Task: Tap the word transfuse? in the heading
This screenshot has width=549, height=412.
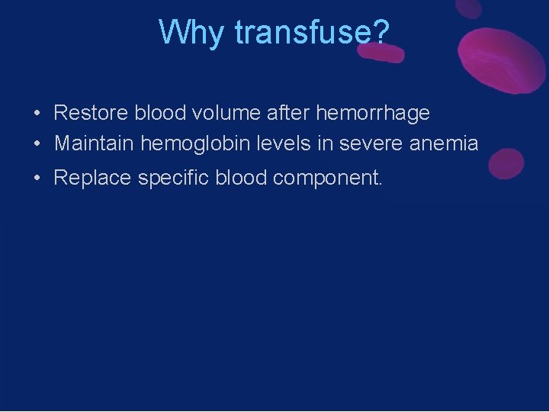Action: point(313,32)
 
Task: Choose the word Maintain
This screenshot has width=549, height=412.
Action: point(95,143)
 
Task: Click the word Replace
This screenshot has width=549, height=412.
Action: point(92,178)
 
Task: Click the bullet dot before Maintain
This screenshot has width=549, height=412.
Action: point(37,143)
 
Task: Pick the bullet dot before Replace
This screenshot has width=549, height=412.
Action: point(37,179)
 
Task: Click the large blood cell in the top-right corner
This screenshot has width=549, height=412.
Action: point(499,57)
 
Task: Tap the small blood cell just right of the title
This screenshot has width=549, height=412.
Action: point(386,52)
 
